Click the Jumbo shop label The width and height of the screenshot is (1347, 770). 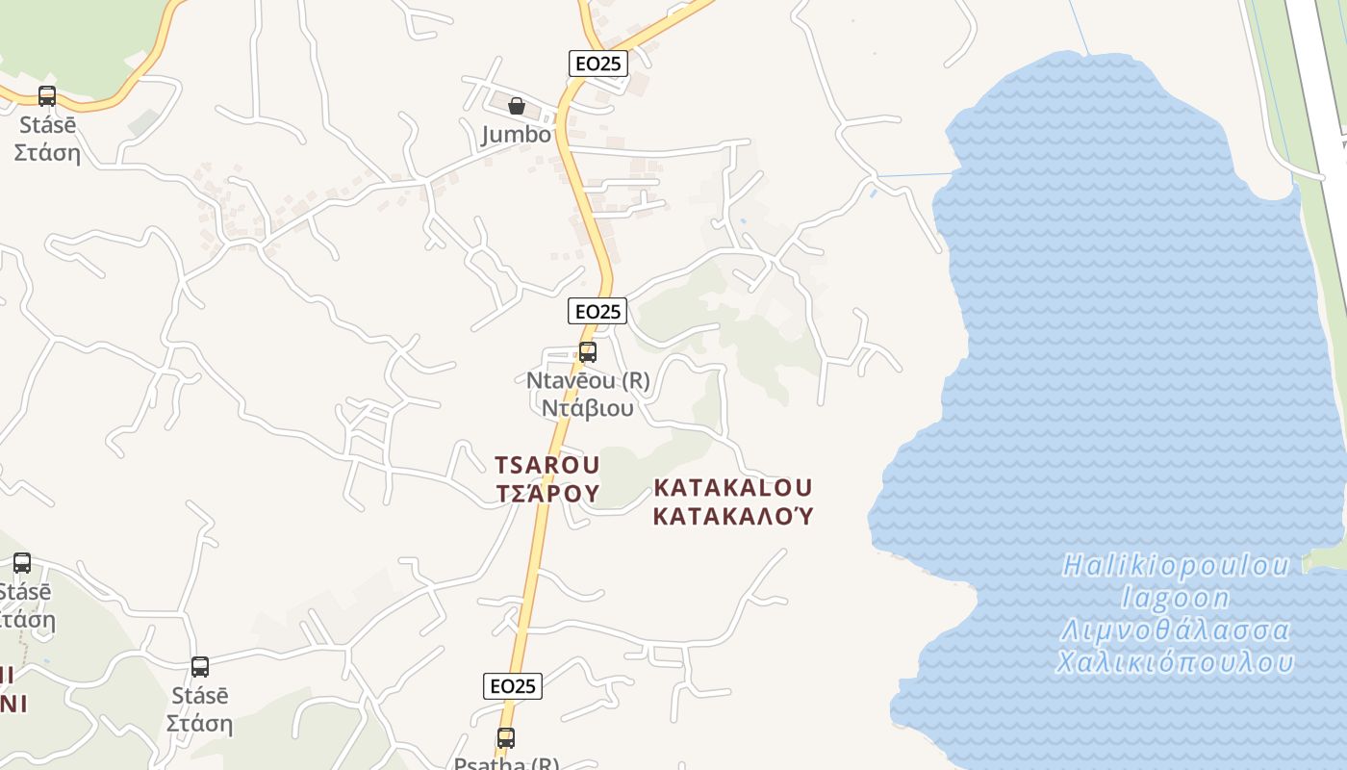(x=517, y=135)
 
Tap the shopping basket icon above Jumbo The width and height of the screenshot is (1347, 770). (x=517, y=105)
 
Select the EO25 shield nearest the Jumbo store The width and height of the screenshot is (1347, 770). (x=597, y=64)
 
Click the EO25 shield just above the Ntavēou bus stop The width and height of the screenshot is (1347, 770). (x=597, y=311)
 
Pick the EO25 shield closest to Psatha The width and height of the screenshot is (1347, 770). (x=513, y=686)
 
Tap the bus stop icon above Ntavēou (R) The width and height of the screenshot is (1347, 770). (x=587, y=352)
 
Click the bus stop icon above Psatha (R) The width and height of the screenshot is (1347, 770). (x=506, y=738)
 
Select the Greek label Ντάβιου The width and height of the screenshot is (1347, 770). (x=587, y=408)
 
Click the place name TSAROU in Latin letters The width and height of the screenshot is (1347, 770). (x=546, y=466)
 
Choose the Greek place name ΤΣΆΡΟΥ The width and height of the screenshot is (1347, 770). (x=546, y=494)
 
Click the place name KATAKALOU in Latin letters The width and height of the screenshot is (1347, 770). (x=732, y=488)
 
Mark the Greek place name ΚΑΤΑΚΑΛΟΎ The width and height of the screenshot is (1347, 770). (x=733, y=516)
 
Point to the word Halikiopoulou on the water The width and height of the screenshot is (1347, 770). (x=1175, y=566)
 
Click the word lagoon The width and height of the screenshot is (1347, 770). (x=1176, y=599)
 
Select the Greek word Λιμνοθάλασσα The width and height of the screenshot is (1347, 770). (x=1175, y=631)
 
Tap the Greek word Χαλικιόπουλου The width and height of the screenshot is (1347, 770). (x=1175, y=663)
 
